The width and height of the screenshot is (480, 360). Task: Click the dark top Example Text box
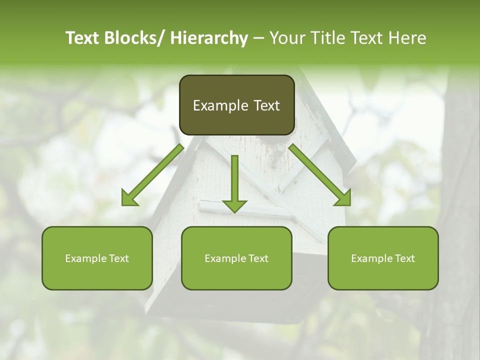236,105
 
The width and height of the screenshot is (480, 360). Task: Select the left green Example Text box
97,258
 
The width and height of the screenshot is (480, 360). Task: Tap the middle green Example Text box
236,258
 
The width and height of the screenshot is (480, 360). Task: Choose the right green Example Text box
383,258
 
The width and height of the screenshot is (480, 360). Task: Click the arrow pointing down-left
152,175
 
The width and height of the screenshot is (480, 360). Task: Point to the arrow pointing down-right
320,175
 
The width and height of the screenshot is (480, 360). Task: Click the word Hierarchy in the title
209,38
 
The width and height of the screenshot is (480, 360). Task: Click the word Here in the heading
407,38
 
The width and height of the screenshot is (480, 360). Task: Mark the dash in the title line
258,38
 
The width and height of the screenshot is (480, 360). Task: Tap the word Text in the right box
404,258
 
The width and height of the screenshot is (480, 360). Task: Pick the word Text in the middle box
257,258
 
